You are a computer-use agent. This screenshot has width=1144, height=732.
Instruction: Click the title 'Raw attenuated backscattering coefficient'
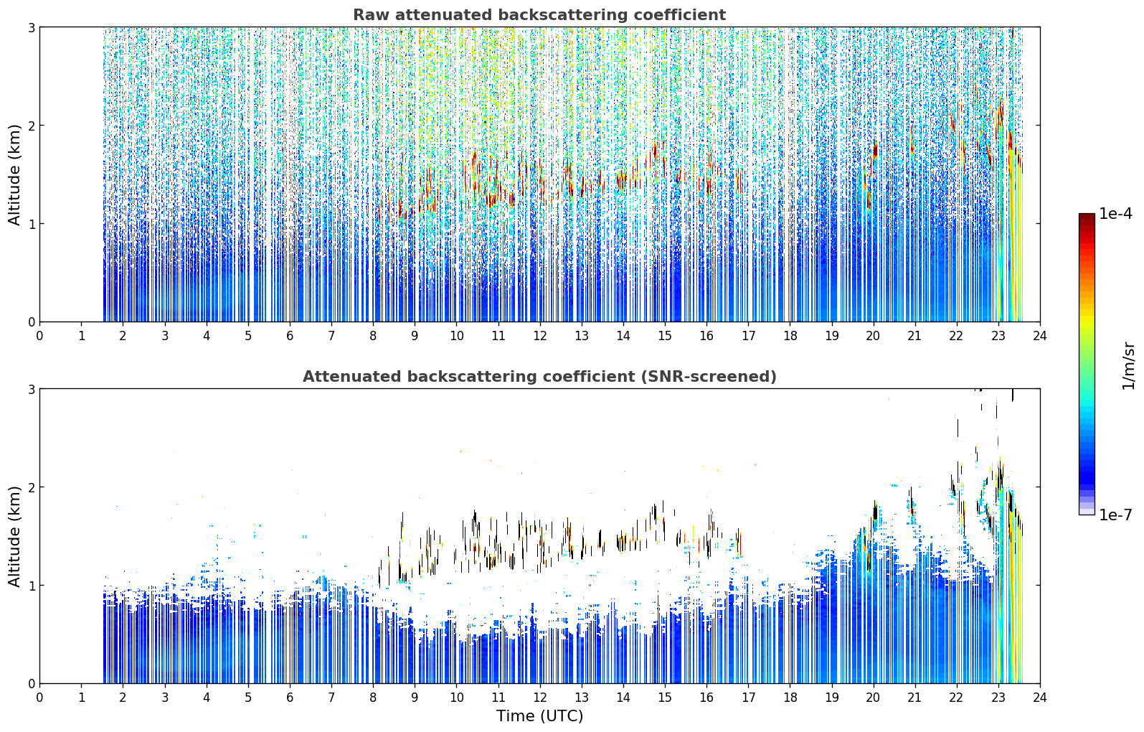(539, 15)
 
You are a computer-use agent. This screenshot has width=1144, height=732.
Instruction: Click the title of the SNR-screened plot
(539, 377)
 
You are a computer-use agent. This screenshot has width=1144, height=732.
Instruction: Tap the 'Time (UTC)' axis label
(539, 716)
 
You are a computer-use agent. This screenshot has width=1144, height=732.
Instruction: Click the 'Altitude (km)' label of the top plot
(14, 175)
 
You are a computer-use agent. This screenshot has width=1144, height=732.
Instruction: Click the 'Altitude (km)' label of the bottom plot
(14, 537)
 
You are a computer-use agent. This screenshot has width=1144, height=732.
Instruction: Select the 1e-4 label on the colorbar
(1115, 214)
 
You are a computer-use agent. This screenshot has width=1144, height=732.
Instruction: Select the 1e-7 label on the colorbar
(1115, 515)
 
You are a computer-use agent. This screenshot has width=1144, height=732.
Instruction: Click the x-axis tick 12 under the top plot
(540, 337)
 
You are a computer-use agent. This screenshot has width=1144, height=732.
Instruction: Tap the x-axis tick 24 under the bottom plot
(1040, 698)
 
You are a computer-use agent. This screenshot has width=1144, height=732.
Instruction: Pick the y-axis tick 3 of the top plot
(31, 27)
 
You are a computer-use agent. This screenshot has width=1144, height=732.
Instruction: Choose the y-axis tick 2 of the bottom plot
(31, 487)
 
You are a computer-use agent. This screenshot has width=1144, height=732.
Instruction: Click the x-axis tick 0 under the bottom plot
(40, 698)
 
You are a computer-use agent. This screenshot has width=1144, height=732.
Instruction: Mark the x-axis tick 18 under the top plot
(790, 337)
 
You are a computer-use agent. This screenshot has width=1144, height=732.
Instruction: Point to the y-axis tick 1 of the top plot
(31, 223)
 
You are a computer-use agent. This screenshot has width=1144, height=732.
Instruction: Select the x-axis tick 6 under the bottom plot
(290, 698)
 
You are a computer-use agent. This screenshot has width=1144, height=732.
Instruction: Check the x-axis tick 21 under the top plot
(914, 337)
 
